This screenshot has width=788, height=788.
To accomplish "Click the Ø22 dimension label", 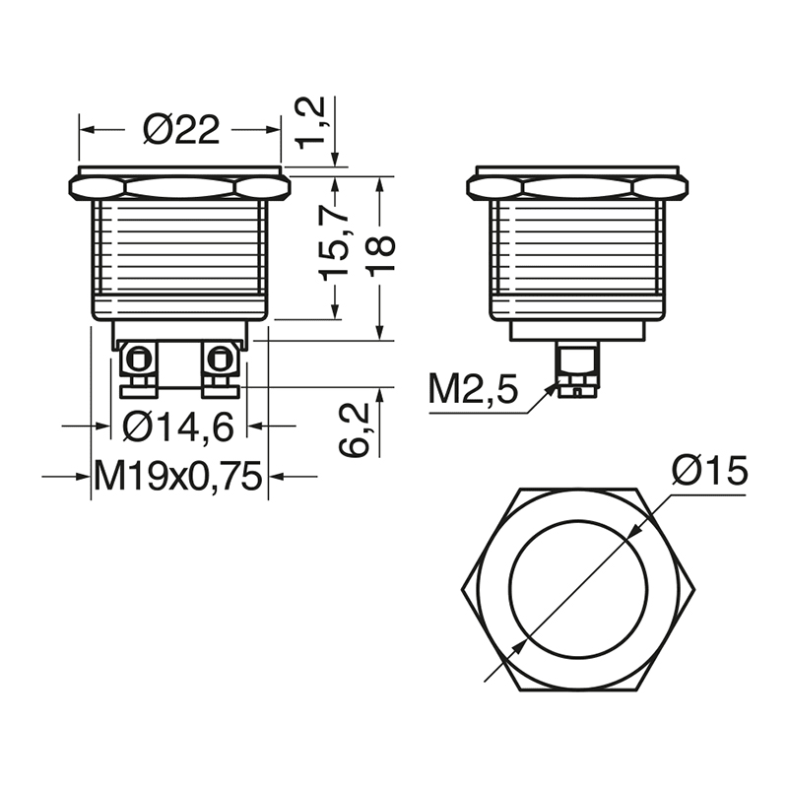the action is coord(181,130).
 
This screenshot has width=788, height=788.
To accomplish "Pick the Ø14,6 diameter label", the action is coord(178,427).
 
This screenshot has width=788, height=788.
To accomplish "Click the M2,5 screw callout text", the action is coord(473,389).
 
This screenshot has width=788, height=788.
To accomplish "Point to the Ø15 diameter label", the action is coord(709,471).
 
